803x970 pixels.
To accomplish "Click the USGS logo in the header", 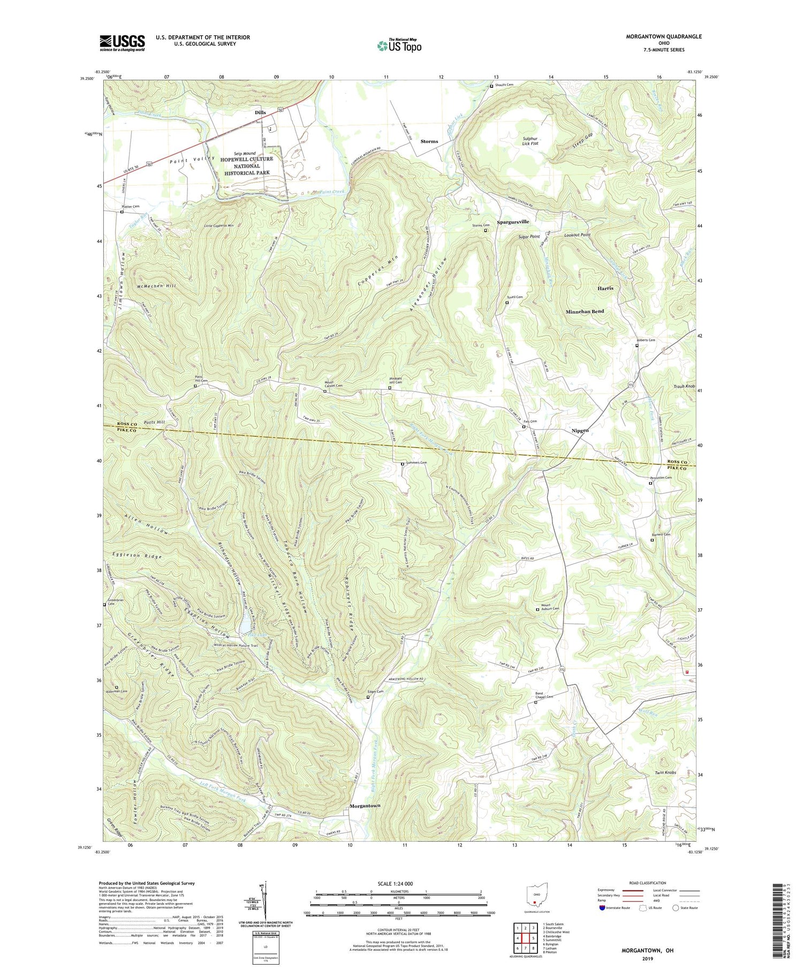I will point(122,43).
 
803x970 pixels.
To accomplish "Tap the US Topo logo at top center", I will point(399,45).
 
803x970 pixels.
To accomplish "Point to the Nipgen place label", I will point(577,430).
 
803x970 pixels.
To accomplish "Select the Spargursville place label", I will point(512,222).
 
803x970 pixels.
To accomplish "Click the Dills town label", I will point(260,112).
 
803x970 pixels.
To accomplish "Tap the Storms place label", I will point(429,141).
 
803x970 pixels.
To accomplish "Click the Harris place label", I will point(605,288).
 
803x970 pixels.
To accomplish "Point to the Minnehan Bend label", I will point(585,311).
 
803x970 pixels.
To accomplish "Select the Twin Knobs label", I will point(665,773).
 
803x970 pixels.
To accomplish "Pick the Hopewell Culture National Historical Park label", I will point(246,166).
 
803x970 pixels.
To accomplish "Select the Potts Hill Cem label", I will point(200,381).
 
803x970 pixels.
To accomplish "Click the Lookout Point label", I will point(577,235).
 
